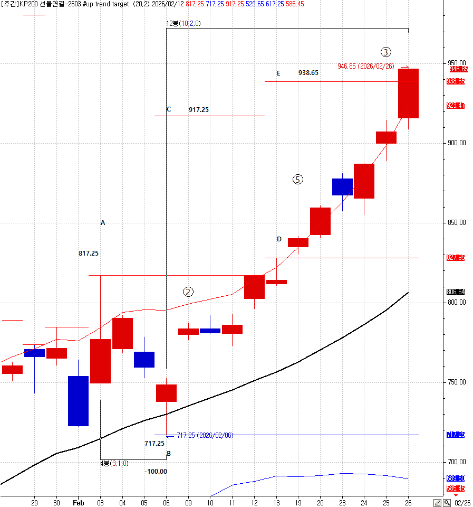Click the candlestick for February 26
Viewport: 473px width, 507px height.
point(408,93)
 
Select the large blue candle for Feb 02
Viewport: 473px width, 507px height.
point(78,401)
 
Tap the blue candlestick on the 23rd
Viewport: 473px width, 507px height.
point(342,187)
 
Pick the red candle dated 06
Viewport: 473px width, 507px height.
point(166,393)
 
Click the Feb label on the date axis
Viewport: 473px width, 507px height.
point(78,503)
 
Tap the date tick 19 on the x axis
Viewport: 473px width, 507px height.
point(298,503)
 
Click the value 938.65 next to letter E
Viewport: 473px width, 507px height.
point(308,73)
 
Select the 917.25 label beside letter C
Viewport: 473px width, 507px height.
point(199,110)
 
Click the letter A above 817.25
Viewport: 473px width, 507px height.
point(103,223)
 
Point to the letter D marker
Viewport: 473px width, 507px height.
point(279,239)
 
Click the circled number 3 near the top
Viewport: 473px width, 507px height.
point(387,52)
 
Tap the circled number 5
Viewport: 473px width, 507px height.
point(298,180)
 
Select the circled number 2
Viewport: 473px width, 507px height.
point(188,292)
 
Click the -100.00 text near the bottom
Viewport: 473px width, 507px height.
point(156,471)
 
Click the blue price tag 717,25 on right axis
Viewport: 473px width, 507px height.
point(456,435)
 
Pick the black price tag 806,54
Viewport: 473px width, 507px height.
point(456,292)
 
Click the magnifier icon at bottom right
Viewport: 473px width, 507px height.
point(447,503)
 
